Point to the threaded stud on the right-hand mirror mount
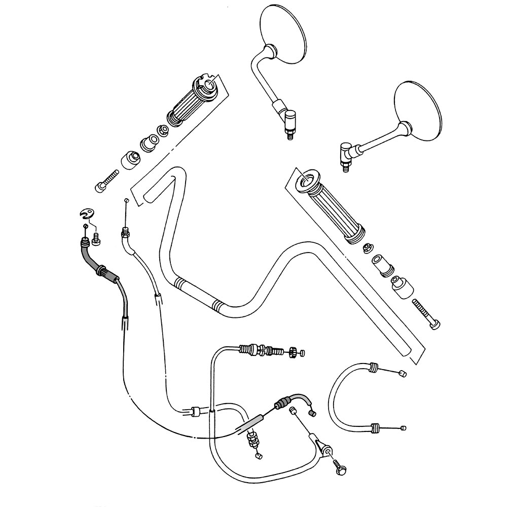(x=345, y=167)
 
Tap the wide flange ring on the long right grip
(x=306, y=180)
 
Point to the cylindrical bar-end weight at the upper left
(x=130, y=160)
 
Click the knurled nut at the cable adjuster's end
(x=293, y=352)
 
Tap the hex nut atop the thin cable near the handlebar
(x=124, y=234)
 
